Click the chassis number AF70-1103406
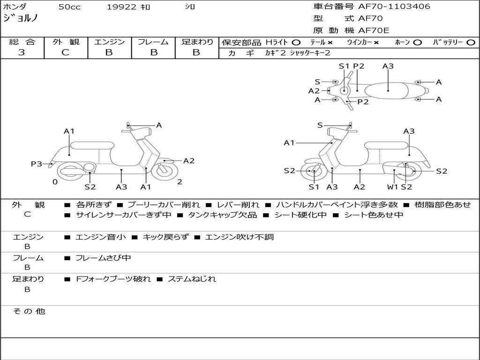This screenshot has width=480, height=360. (394, 7)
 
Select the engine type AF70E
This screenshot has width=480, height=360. (374, 30)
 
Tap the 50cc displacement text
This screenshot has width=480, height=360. (69, 7)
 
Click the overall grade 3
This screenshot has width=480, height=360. (22, 52)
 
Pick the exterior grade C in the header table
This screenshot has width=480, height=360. (66, 52)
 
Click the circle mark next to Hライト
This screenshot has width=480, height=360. (296, 43)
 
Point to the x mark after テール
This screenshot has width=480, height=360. (330, 43)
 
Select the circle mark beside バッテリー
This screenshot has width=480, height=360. (471, 43)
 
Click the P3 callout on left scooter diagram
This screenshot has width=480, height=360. (37, 164)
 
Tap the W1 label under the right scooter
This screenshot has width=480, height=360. (393, 187)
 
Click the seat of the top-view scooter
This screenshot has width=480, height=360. (386, 91)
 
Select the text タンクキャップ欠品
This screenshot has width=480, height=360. (222, 215)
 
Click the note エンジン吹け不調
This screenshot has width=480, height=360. (239, 237)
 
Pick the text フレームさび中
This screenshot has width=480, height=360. (103, 258)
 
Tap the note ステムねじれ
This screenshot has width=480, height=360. (192, 279)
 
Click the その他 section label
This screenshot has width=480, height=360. (29, 311)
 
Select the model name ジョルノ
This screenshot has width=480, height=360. (21, 18)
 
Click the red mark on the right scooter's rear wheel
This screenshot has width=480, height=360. (400, 174)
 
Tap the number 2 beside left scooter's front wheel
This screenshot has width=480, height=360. (180, 182)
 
